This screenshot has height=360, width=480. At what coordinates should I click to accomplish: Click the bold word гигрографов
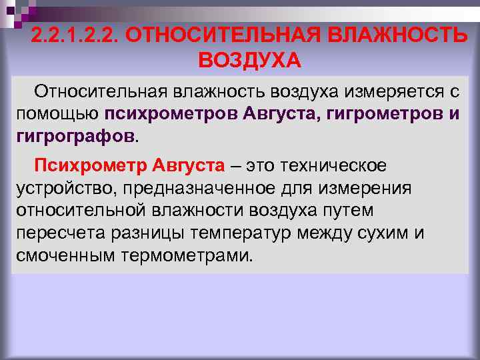(x=75, y=136)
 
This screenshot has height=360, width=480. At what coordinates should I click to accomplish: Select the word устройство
(x=60, y=187)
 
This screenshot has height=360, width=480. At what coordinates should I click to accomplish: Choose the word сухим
(x=379, y=233)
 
